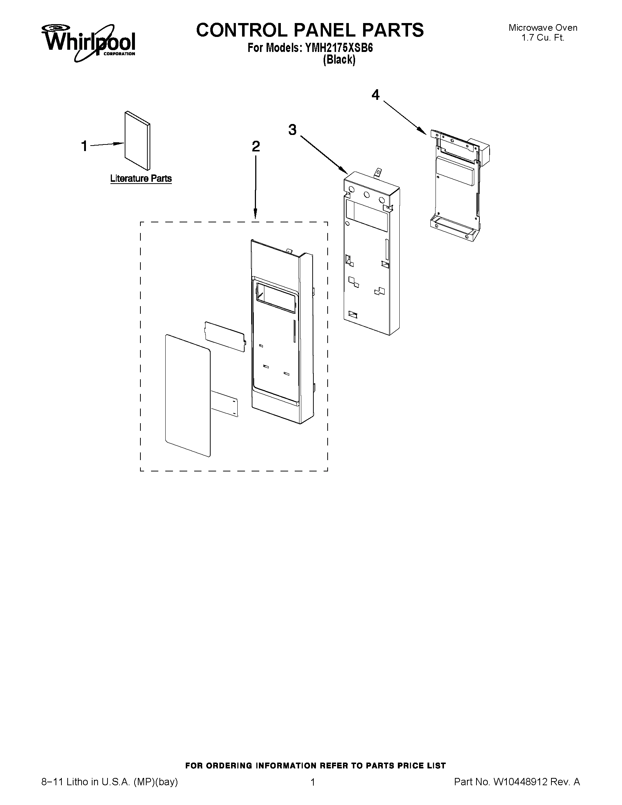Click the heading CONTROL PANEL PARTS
pyautogui.click(x=309, y=30)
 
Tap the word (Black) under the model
pyautogui.click(x=339, y=60)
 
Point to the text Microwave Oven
pyautogui.click(x=543, y=28)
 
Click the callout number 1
pyautogui.click(x=84, y=146)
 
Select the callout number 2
pyautogui.click(x=256, y=146)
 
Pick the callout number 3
pyautogui.click(x=292, y=130)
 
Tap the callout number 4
pyautogui.click(x=375, y=95)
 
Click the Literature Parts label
pyautogui.click(x=141, y=178)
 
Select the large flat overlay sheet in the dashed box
pyautogui.click(x=188, y=395)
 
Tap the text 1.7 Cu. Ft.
pyautogui.click(x=543, y=38)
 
